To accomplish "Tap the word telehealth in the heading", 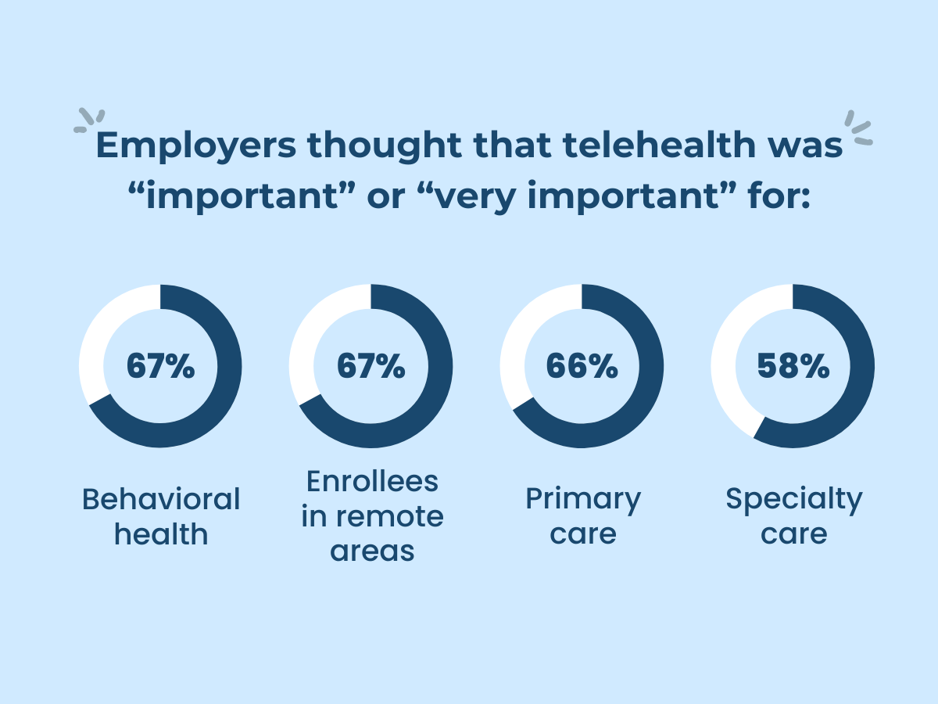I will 631,147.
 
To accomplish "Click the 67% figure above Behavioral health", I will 160,366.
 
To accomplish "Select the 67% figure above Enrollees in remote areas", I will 371,366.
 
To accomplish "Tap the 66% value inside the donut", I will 582,366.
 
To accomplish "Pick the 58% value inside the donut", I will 793,366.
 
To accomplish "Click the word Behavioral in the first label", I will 161,499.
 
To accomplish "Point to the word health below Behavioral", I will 161,534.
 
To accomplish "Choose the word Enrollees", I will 372,482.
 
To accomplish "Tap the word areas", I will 372,551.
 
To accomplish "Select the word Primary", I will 582,499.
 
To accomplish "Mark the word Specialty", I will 793,499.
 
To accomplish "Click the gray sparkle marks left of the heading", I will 88,122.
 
